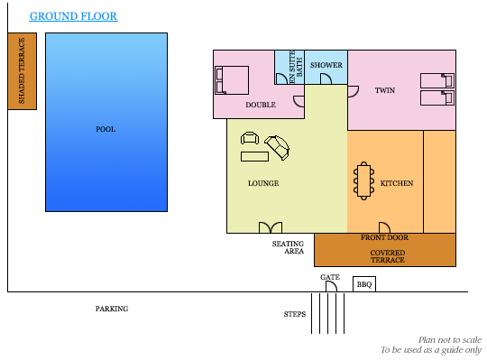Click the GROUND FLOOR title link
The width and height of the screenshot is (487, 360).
point(73,16)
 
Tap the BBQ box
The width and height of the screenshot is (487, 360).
point(364,284)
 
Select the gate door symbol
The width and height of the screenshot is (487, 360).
point(331,287)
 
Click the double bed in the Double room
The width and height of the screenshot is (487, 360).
point(232,80)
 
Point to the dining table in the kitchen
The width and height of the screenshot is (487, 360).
point(363,180)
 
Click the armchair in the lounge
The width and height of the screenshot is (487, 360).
point(250,138)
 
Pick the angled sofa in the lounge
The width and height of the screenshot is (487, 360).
point(277,148)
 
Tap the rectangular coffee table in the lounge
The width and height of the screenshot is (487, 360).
point(254,156)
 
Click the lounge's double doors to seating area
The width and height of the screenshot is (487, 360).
point(271,227)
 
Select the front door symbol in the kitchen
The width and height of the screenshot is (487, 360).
point(384,227)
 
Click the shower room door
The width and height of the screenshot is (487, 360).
point(326,78)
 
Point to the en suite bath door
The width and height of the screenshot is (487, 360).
point(281,78)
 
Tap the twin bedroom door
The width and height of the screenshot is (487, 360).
point(354,92)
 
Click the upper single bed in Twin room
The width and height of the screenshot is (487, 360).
point(437,80)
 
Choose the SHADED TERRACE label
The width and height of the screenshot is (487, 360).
point(22,70)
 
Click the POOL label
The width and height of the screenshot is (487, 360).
point(106,129)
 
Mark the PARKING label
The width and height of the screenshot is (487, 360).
point(112,309)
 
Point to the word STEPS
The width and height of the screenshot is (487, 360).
point(295,314)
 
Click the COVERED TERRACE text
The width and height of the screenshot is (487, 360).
point(388,256)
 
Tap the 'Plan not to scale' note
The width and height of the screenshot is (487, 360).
point(450,340)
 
